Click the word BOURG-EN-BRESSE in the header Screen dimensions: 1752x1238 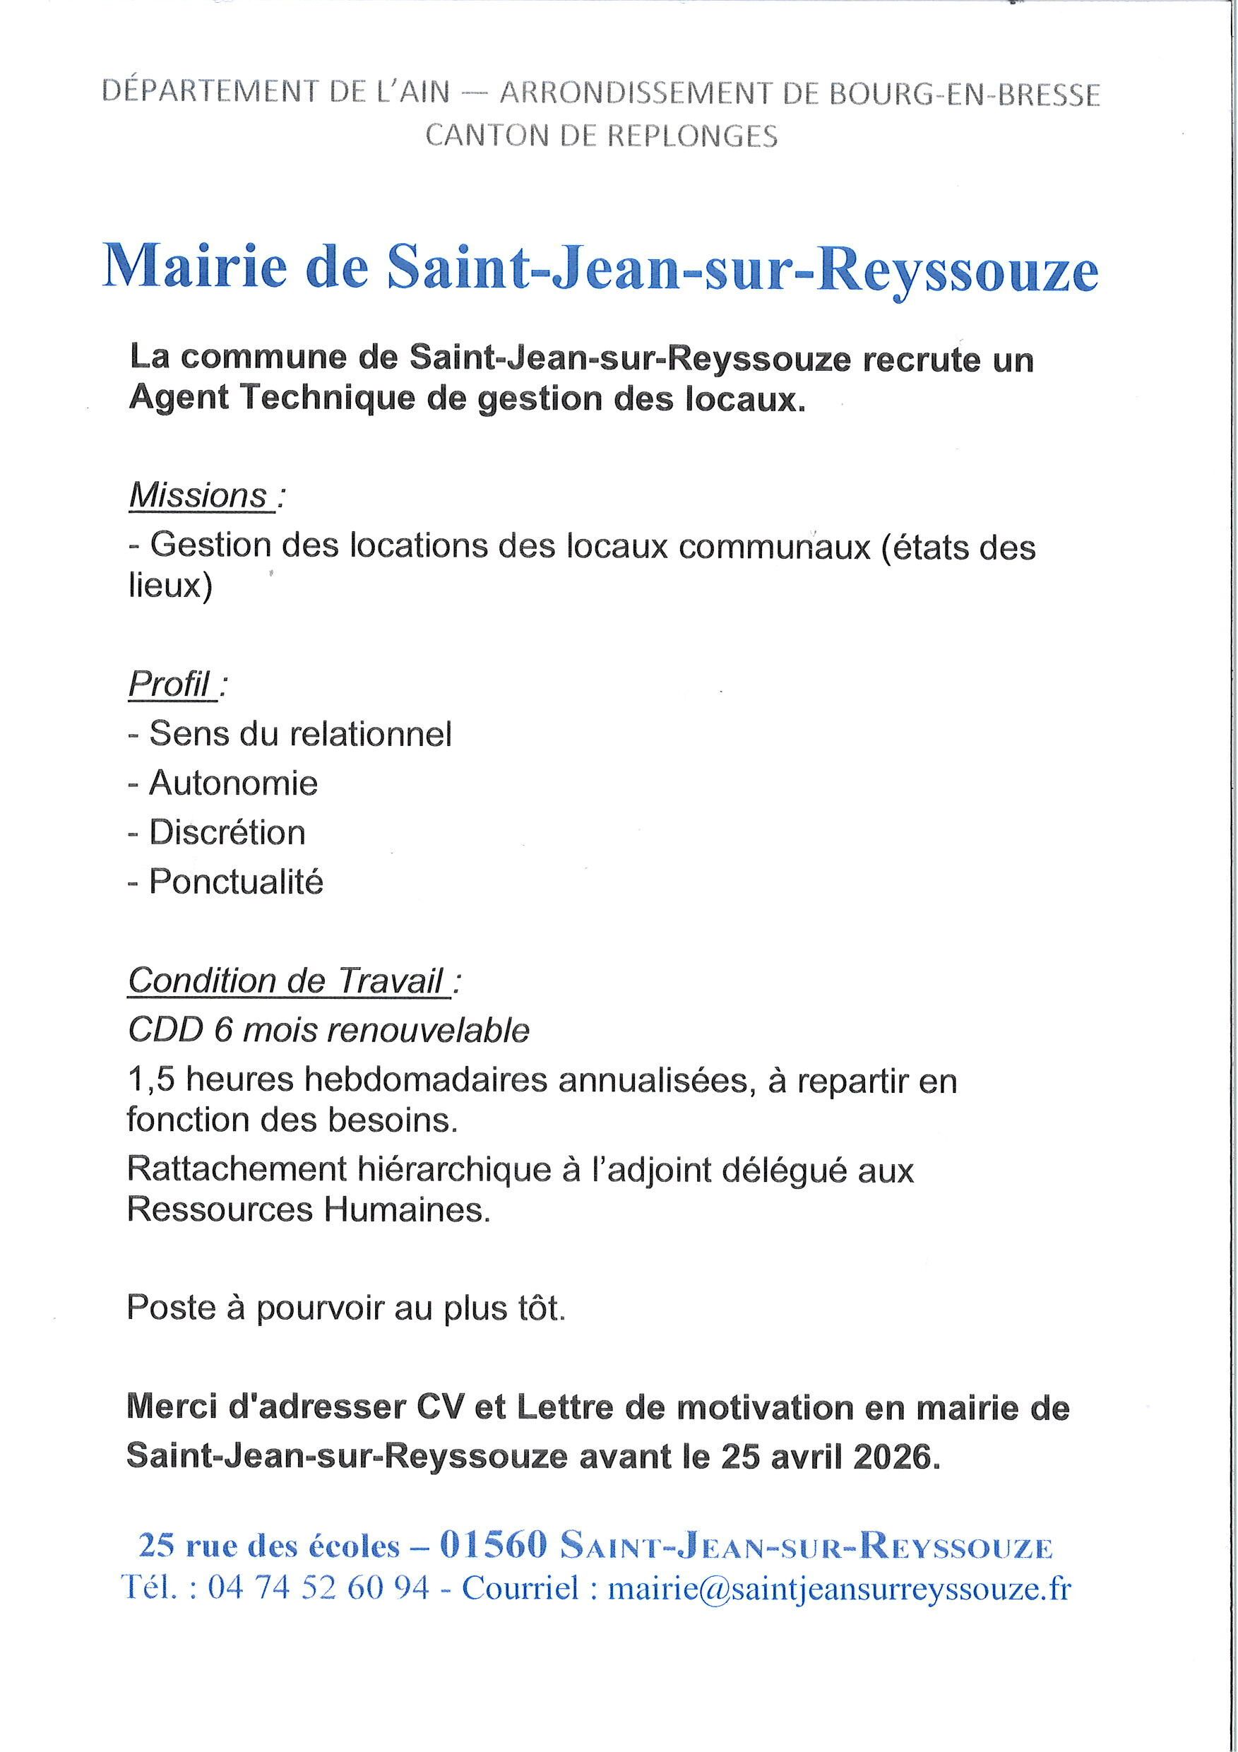(964, 95)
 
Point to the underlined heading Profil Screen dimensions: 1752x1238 (169, 685)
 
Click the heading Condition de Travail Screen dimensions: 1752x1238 (286, 981)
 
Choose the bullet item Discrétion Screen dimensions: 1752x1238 (227, 831)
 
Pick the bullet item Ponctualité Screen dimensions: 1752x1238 (237, 882)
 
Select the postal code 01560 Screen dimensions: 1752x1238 (494, 1546)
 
